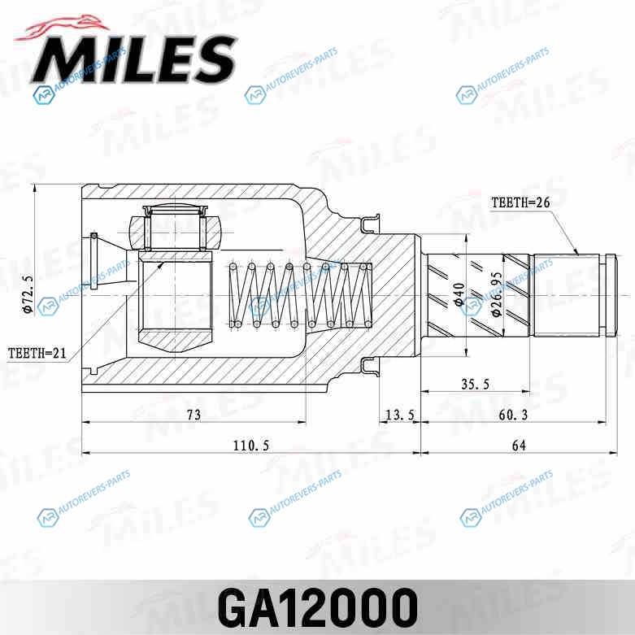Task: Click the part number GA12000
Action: tap(317, 607)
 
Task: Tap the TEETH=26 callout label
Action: tap(521, 202)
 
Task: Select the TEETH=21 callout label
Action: tap(37, 353)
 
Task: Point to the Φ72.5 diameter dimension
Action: tap(28, 294)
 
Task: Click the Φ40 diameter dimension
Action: tap(459, 294)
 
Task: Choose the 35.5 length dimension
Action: tap(476, 384)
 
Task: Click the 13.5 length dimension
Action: tap(400, 415)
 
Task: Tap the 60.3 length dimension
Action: tap(513, 415)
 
